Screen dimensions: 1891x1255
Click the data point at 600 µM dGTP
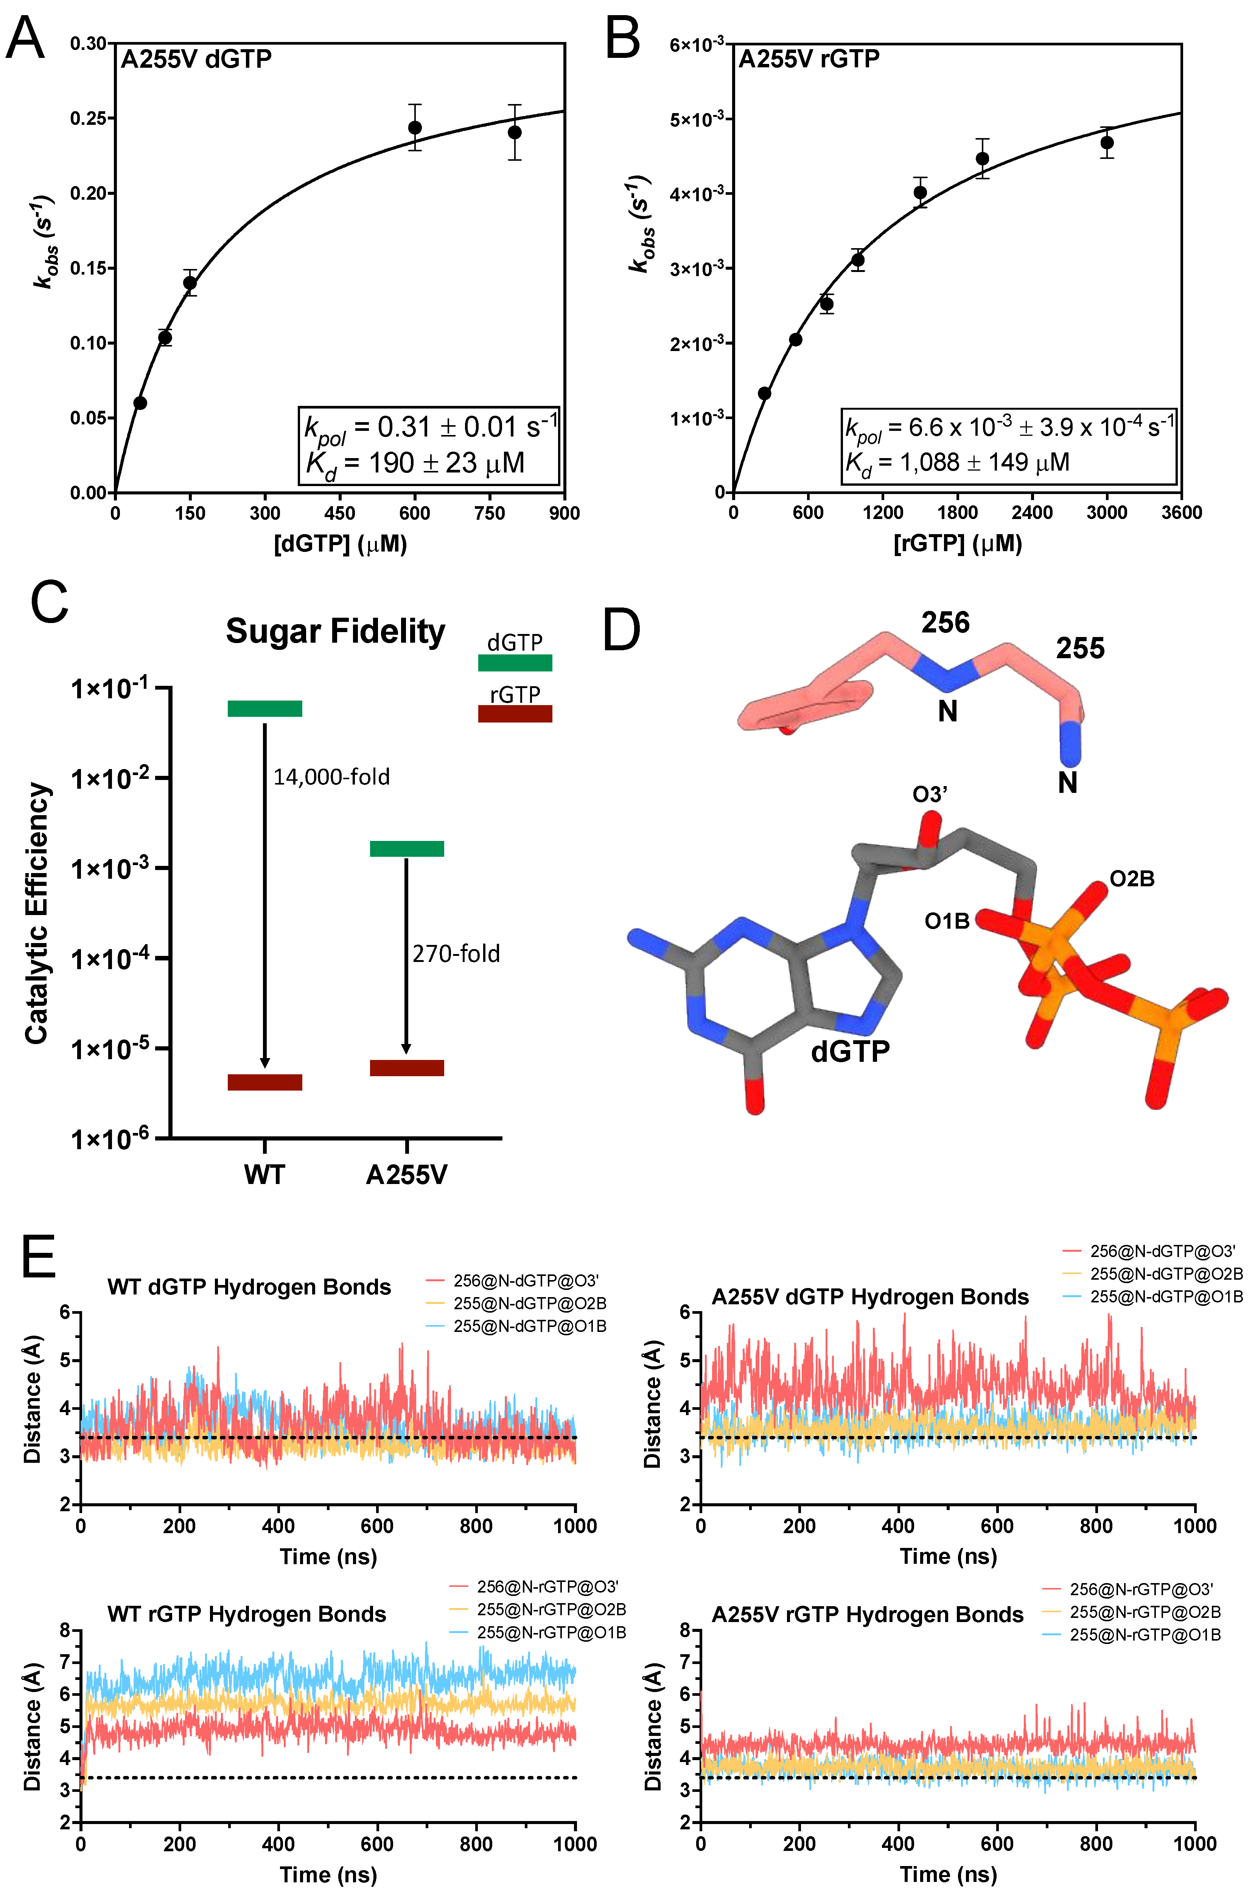point(415,128)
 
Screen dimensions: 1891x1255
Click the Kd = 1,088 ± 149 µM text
point(957,463)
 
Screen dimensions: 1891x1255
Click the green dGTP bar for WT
point(265,708)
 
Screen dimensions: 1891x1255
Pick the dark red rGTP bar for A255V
point(407,1067)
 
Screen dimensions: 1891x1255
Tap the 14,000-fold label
point(331,777)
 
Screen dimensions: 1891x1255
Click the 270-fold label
point(456,954)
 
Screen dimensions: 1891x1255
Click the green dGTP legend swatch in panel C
point(515,663)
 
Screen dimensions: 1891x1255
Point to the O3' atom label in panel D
point(930,795)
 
